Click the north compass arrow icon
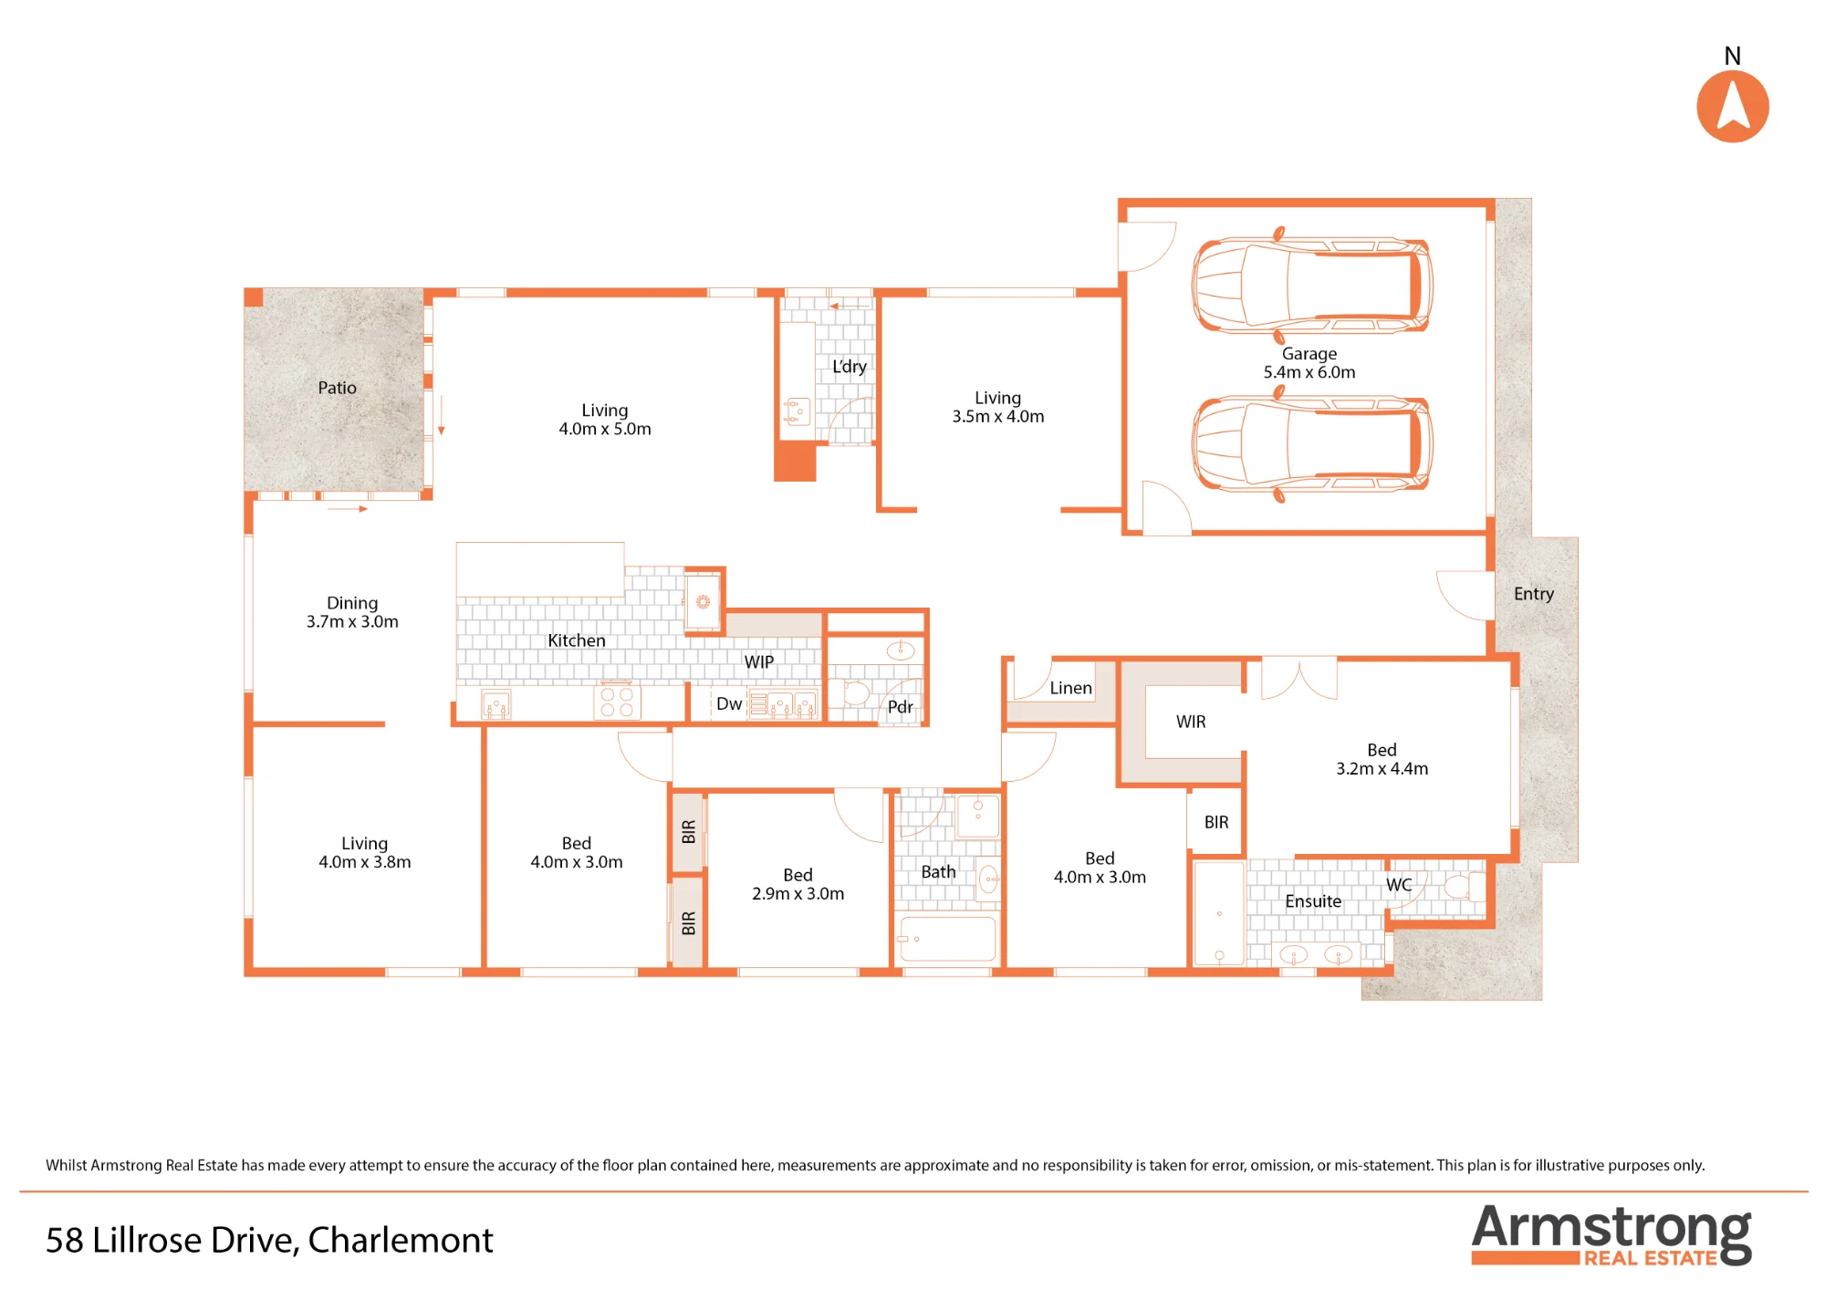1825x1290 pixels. click(x=1732, y=106)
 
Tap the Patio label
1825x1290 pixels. click(x=337, y=388)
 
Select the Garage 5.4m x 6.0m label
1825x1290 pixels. click(x=1309, y=363)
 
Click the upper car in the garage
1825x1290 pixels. click(x=1311, y=284)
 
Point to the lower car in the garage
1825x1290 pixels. click(x=1311, y=444)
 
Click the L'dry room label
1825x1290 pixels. click(x=849, y=367)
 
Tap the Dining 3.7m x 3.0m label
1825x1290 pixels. click(x=352, y=612)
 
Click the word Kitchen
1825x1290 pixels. click(x=576, y=640)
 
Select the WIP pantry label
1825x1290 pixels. click(x=758, y=662)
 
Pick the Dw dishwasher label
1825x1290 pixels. click(x=728, y=703)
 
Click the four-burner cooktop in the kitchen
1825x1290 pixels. click(x=617, y=702)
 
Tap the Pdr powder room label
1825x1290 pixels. click(x=900, y=707)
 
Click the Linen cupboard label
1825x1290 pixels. click(x=1070, y=688)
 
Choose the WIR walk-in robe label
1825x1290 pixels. click(x=1191, y=722)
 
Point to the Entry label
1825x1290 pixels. click(x=1533, y=594)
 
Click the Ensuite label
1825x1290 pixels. click(x=1313, y=901)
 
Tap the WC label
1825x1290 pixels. click(x=1399, y=885)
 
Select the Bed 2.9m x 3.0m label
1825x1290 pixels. click(x=798, y=884)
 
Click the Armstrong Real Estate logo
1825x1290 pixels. click(x=1611, y=1235)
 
